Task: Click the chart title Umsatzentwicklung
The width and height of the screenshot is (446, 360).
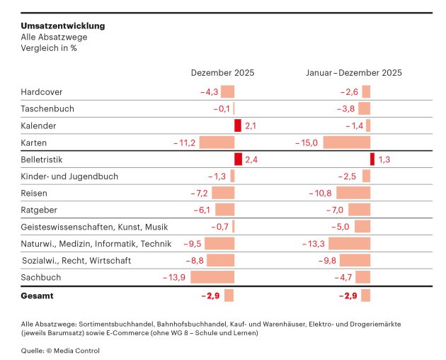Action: (63, 26)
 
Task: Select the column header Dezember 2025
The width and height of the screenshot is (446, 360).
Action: (222, 72)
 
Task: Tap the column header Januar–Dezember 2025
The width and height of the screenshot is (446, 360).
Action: (354, 72)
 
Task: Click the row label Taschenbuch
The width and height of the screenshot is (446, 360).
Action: (47, 108)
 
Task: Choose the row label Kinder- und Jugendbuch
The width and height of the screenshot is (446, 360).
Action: (69, 176)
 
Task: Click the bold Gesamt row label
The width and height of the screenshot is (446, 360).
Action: (37, 296)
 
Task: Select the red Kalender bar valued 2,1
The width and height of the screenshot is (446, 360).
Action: (238, 125)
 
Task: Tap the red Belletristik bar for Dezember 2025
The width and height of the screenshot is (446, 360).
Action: (238, 159)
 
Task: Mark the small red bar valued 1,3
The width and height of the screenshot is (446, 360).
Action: (372, 159)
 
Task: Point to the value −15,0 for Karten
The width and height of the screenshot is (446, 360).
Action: (307, 142)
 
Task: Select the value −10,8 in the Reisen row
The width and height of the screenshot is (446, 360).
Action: (320, 193)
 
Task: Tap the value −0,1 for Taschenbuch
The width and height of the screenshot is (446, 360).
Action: (222, 108)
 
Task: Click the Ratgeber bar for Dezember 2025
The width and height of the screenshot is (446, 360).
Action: (224, 210)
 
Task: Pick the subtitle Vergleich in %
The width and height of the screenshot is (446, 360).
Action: (49, 47)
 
